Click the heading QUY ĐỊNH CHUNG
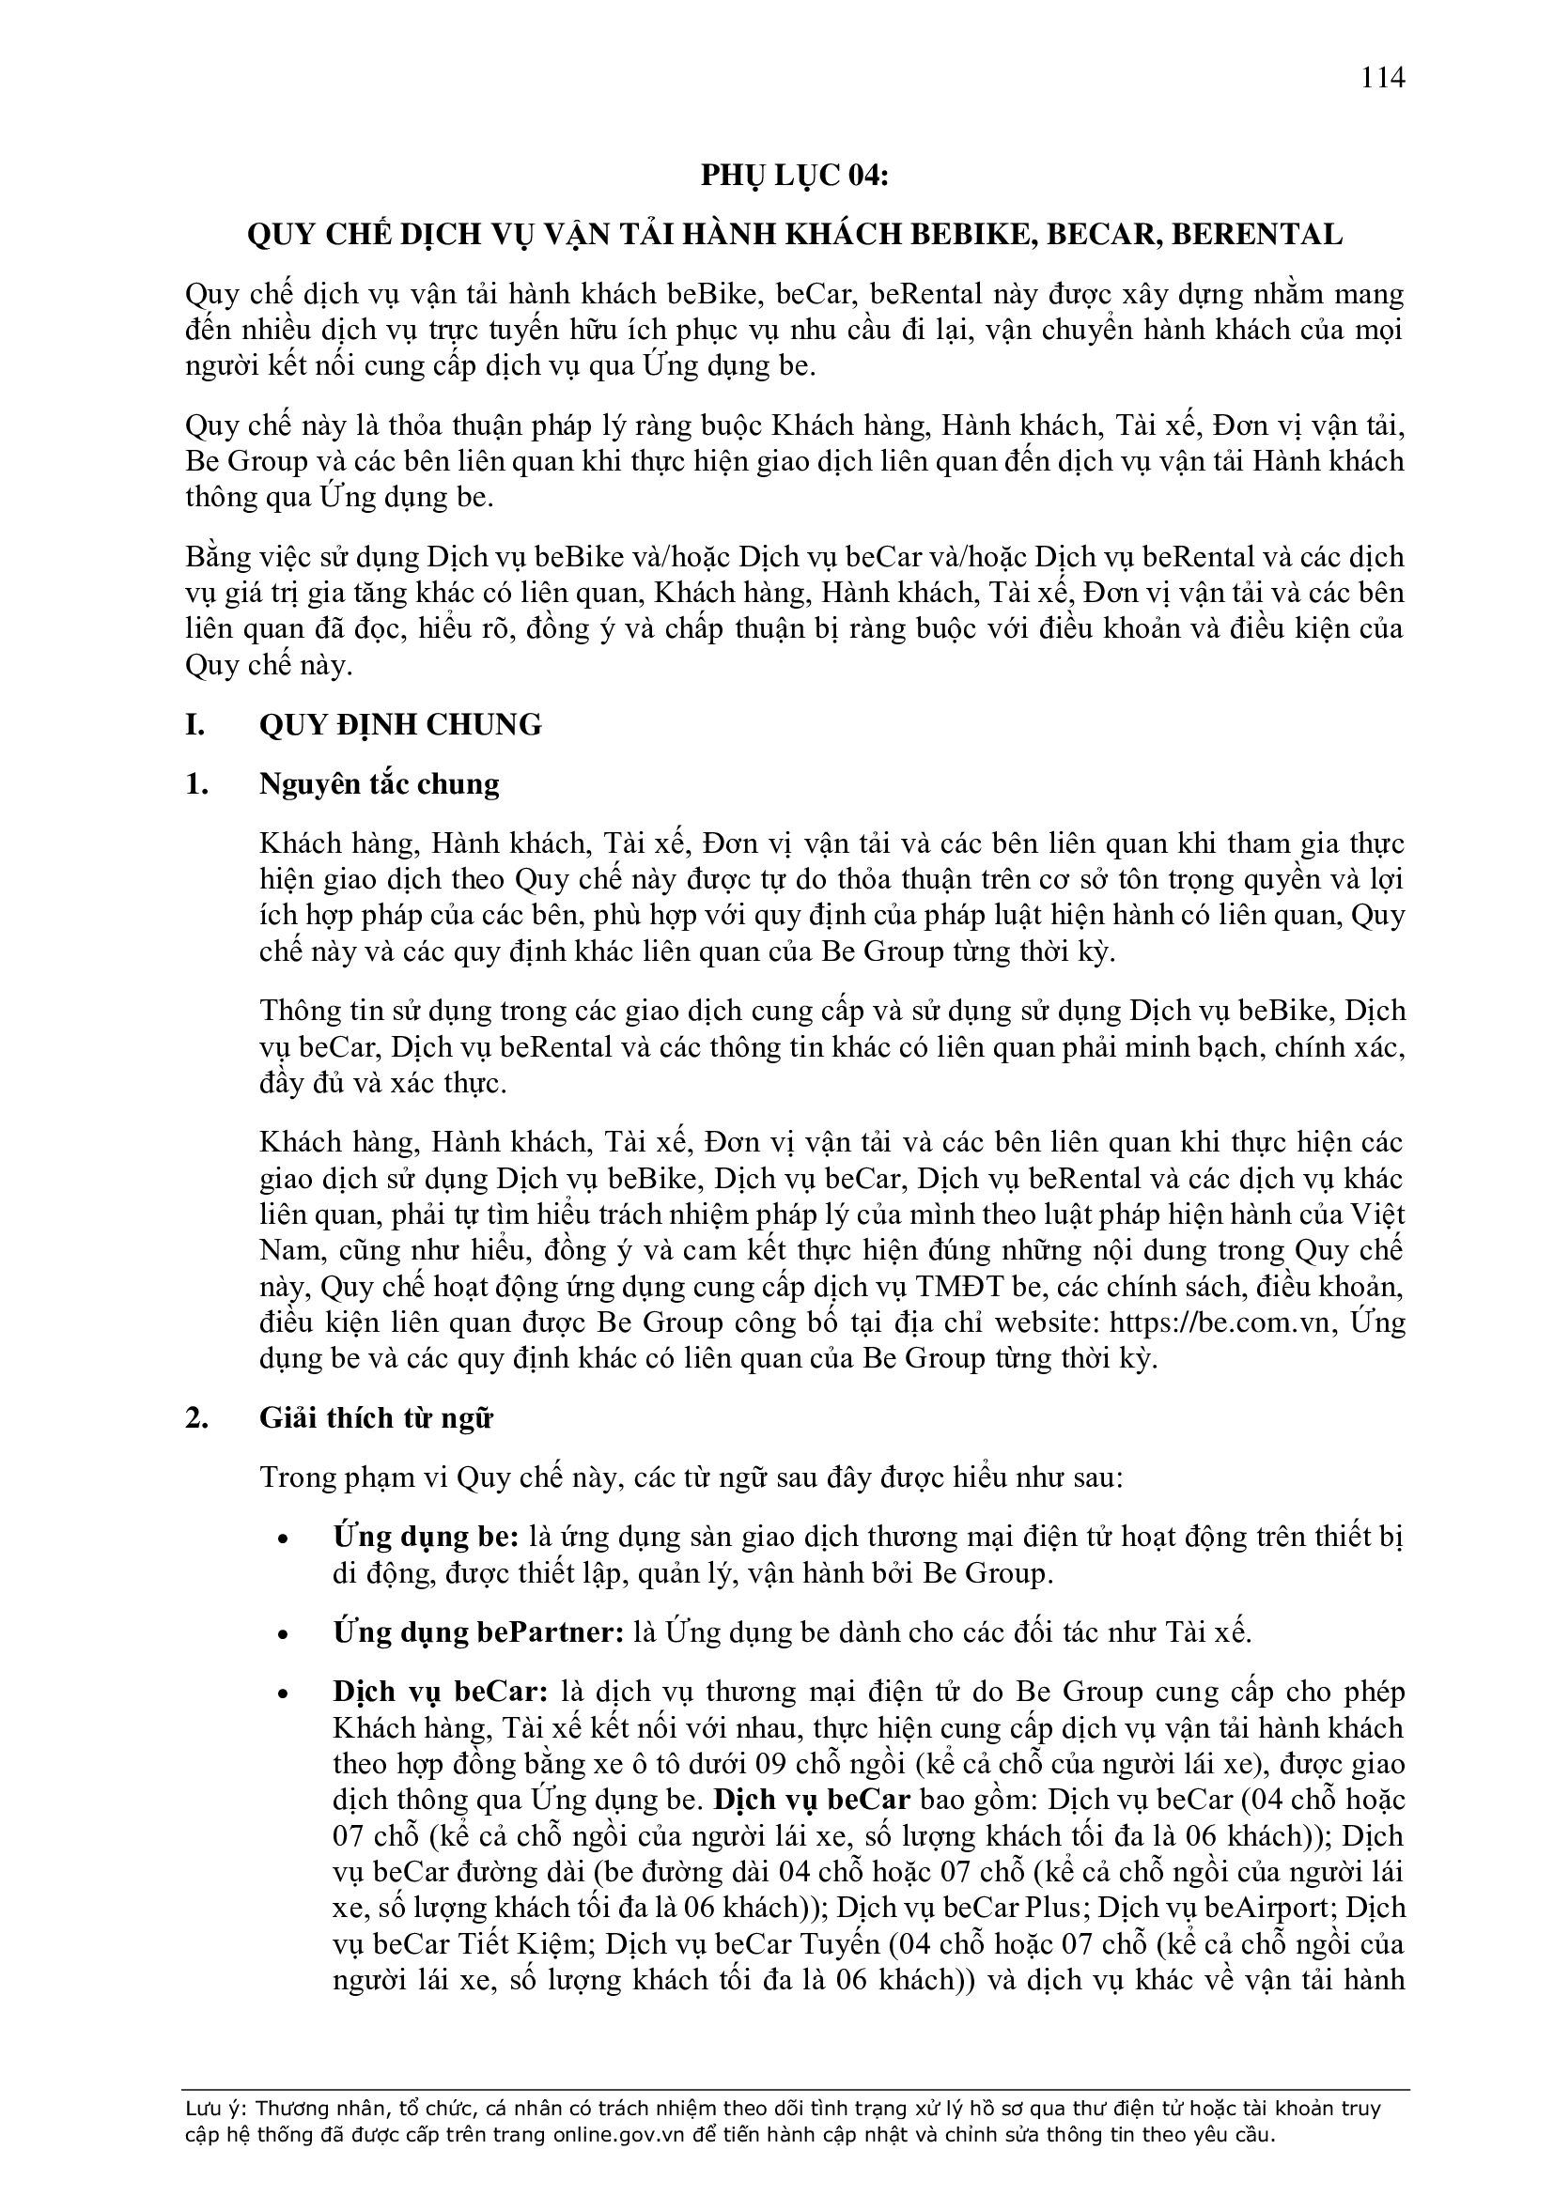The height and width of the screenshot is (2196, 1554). coord(400,725)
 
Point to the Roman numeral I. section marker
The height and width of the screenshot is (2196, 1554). coord(195,725)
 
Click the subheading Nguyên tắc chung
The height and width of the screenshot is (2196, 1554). coord(379,784)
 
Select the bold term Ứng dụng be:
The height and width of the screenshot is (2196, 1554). coord(426,1537)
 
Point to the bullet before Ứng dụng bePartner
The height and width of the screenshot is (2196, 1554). coord(281,1634)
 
